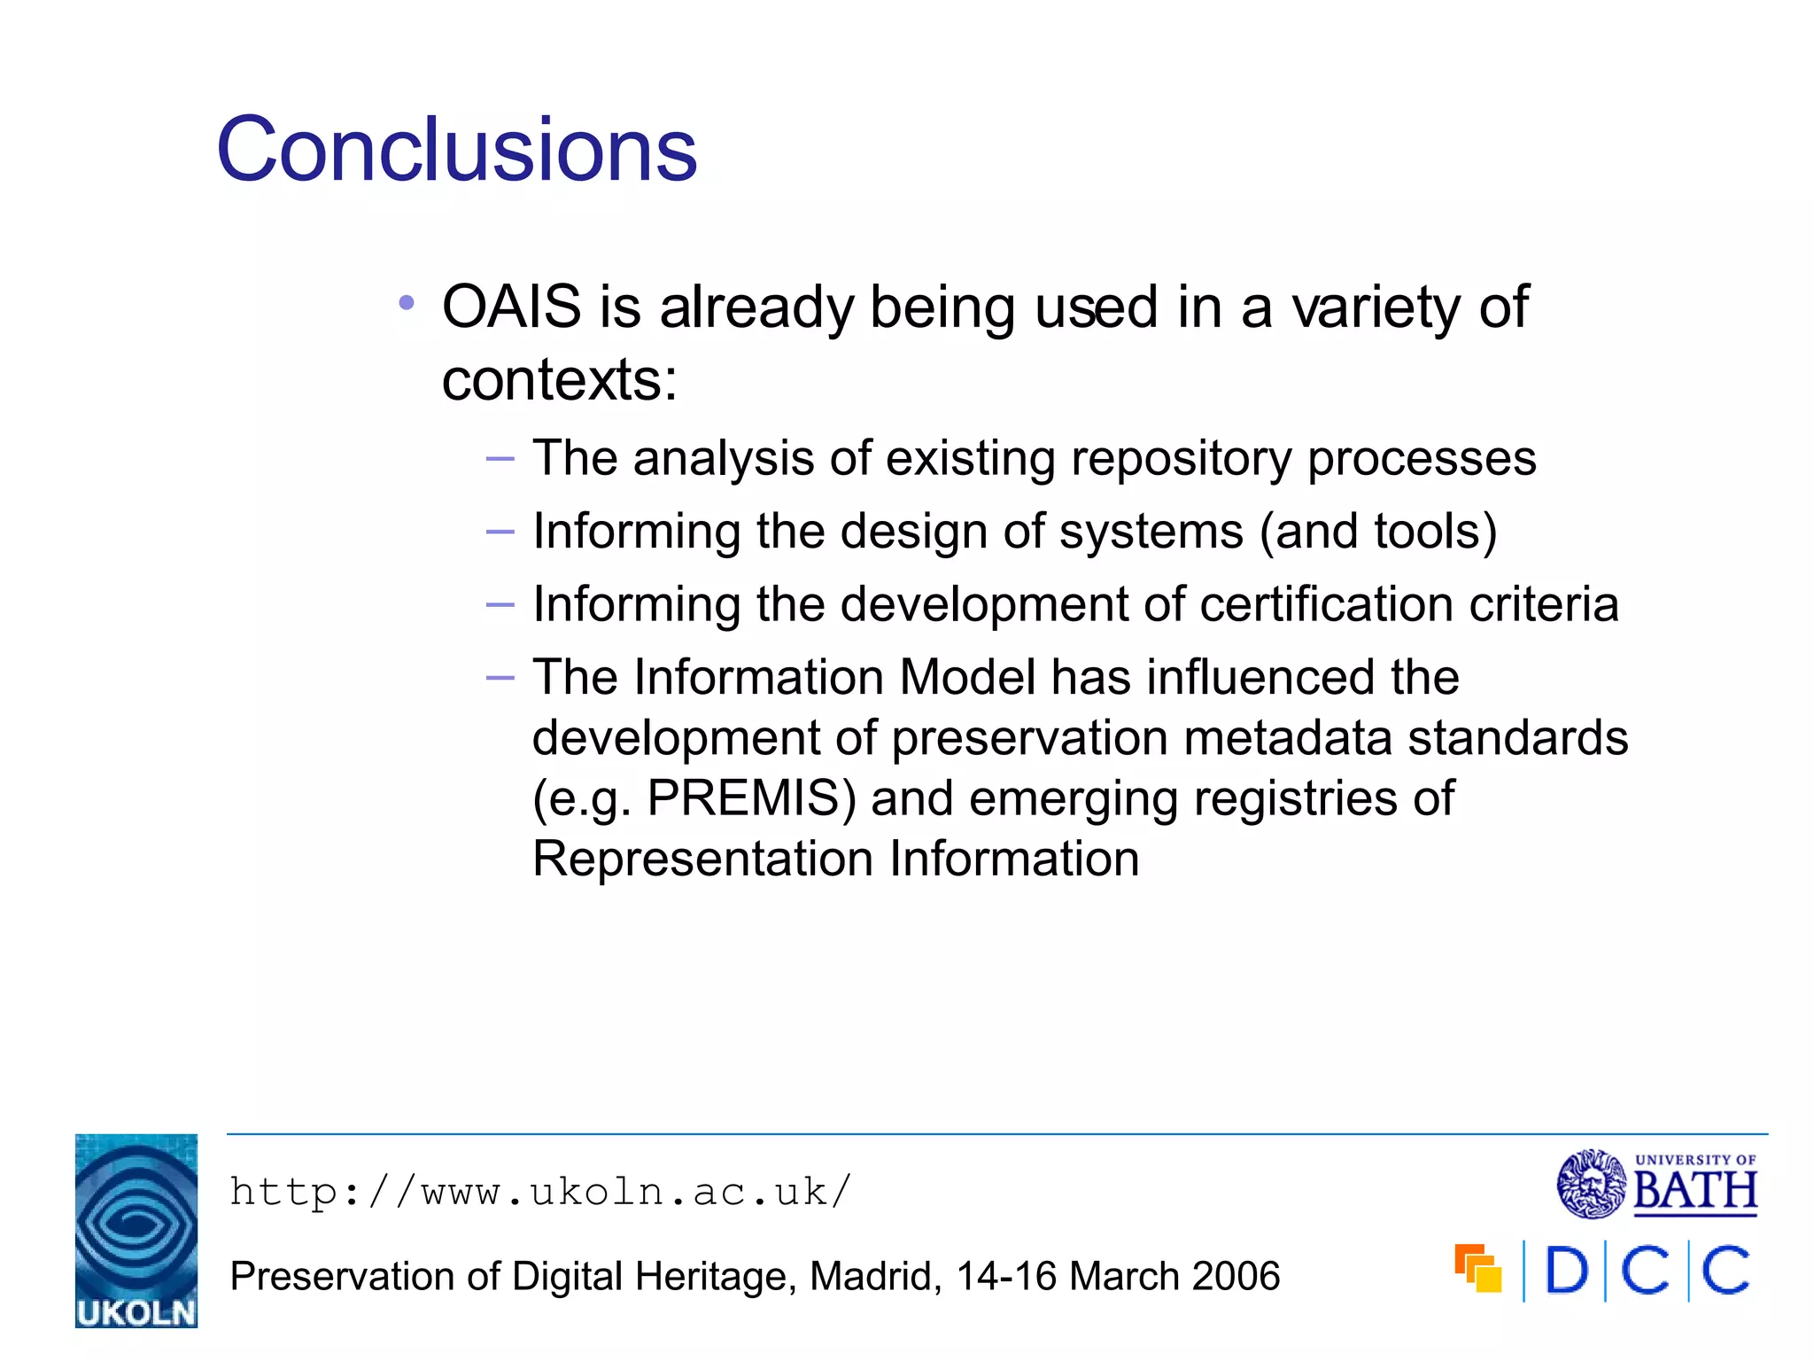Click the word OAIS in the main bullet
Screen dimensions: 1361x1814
[x=511, y=307]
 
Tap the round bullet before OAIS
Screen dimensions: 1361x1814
[x=407, y=304]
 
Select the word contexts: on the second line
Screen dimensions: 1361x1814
[x=559, y=380]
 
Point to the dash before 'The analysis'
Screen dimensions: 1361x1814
[x=500, y=459]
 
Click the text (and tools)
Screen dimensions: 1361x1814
[x=1378, y=532]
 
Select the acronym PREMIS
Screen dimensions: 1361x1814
[x=751, y=797]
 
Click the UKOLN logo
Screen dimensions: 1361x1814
[x=136, y=1231]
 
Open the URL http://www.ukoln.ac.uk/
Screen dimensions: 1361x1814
[x=540, y=1193]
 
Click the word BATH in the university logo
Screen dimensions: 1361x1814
[x=1694, y=1191]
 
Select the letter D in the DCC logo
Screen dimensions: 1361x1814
[x=1566, y=1271]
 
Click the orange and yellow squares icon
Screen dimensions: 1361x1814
[x=1478, y=1269]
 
